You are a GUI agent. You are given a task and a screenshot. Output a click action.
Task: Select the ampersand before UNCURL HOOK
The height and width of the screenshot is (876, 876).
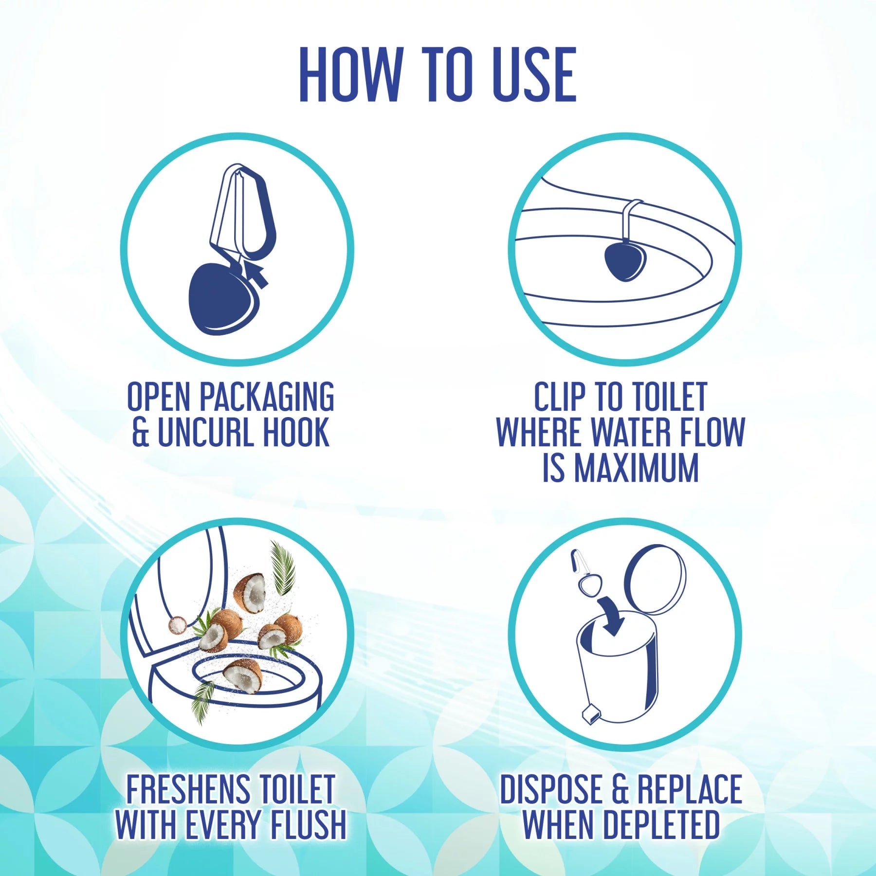[x=141, y=432]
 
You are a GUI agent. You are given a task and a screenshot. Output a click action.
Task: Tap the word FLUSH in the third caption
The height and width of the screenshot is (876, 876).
[x=308, y=824]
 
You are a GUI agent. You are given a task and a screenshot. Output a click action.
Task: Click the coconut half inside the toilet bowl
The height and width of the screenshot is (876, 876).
[x=242, y=674]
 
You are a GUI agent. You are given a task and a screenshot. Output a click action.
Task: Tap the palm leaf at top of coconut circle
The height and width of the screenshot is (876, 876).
[x=282, y=567]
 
